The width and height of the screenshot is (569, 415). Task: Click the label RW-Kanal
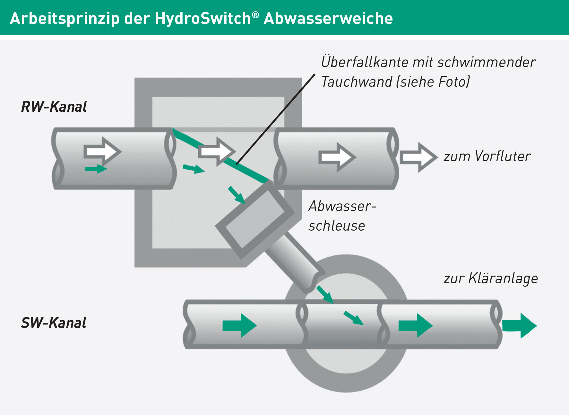[x=54, y=107]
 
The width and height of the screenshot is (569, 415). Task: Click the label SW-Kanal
[x=54, y=323]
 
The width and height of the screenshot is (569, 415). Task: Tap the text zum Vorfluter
[x=487, y=156]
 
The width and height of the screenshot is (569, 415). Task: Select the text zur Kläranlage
[x=491, y=278]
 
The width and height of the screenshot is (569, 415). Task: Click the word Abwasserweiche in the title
[x=328, y=18]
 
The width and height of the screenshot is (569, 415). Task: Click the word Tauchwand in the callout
[x=357, y=82]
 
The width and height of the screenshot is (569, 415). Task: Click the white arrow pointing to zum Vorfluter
[x=418, y=157]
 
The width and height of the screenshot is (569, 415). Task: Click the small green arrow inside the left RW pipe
[x=96, y=169]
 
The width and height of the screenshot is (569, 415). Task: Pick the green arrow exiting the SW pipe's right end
[x=519, y=325]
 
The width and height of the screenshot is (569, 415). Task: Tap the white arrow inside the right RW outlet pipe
[x=337, y=157]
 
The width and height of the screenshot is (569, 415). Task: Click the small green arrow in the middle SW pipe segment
[x=353, y=318]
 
